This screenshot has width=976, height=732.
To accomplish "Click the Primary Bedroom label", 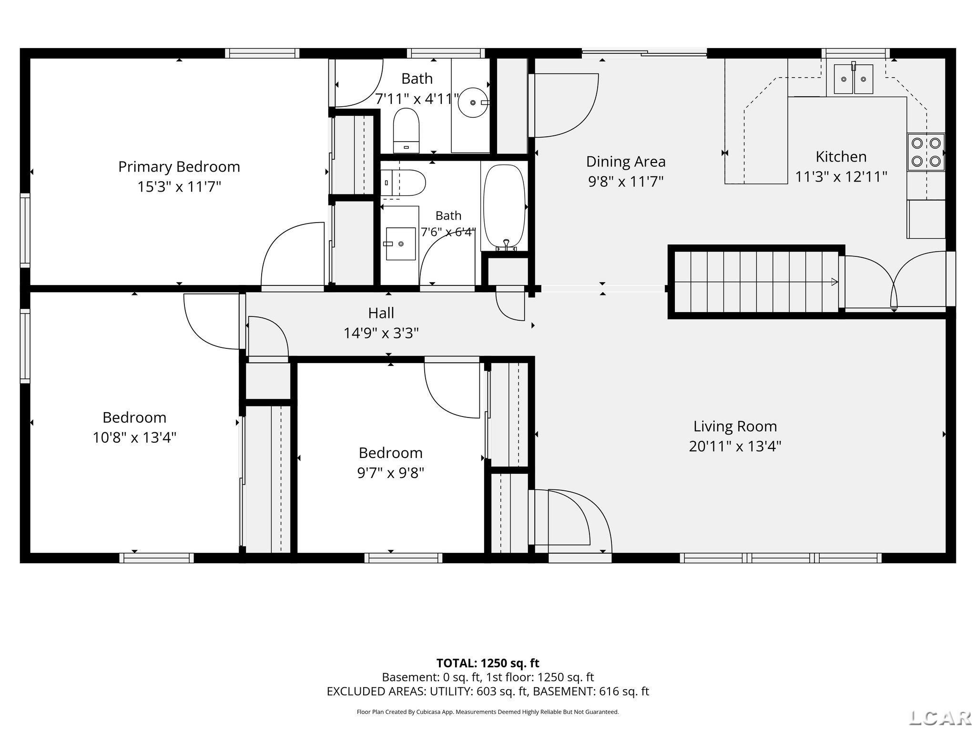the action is [x=179, y=167].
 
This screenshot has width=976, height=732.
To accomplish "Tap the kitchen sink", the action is [x=853, y=79].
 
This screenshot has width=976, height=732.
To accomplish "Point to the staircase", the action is [x=754, y=282].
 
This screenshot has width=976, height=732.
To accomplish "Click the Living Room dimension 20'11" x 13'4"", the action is [x=735, y=447].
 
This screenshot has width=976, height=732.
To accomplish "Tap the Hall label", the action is [x=381, y=313].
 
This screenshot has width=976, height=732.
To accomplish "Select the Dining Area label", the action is [x=626, y=162].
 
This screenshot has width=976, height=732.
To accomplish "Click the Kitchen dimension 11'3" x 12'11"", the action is [x=841, y=177].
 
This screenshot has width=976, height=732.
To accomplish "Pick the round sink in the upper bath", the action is [x=473, y=102].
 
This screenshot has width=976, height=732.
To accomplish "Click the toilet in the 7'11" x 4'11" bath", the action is [x=406, y=130].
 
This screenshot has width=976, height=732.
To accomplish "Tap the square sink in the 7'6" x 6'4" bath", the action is [x=400, y=244].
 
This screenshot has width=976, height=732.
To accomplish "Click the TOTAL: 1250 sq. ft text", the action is [x=488, y=663].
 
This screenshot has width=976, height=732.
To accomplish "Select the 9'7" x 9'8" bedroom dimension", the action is [x=391, y=473].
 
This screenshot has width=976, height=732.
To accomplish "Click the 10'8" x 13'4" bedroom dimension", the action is [x=134, y=437].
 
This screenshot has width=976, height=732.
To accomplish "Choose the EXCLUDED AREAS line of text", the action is [x=488, y=691].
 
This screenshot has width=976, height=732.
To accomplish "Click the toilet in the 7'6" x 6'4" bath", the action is [x=403, y=183].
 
